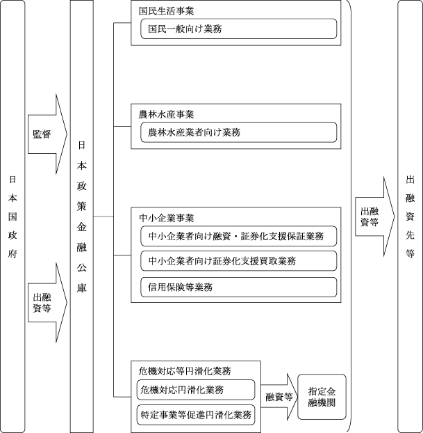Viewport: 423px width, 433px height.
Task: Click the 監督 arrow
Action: click(x=47, y=134)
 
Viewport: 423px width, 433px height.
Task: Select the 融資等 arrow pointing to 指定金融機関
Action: click(x=279, y=397)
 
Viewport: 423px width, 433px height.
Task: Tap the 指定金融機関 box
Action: click(x=322, y=397)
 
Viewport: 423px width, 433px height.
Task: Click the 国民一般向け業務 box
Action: click(x=239, y=29)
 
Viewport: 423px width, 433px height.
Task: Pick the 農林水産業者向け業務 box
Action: click(x=239, y=132)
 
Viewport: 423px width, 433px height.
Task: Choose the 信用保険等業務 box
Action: click(x=239, y=288)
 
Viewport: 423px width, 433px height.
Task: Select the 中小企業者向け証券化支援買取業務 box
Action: click(x=239, y=260)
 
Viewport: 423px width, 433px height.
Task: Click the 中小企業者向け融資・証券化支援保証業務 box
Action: click(x=239, y=236)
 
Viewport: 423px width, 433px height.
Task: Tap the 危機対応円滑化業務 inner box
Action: click(x=196, y=390)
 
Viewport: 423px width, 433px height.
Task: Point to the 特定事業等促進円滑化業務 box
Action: click(x=196, y=415)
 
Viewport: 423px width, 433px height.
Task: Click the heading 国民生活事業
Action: click(x=166, y=10)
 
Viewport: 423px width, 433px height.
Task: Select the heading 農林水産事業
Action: click(x=166, y=114)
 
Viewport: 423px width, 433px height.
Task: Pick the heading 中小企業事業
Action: click(x=166, y=218)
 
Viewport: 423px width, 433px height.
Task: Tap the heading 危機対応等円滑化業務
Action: click(x=185, y=371)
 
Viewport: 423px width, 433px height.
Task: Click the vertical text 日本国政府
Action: click(x=13, y=216)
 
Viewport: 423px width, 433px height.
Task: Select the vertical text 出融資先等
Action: click(x=410, y=216)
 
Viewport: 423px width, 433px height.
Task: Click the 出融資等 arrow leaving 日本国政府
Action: click(x=47, y=303)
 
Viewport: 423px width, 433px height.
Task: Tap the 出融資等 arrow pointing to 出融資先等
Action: click(x=375, y=216)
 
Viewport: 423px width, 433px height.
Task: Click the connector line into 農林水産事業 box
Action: click(x=122, y=127)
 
